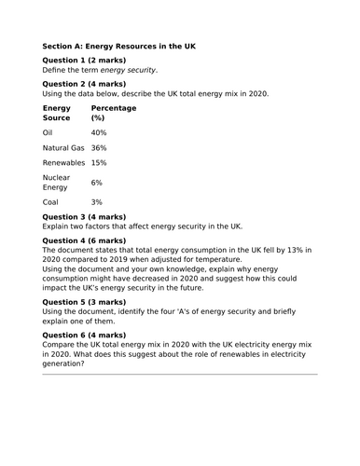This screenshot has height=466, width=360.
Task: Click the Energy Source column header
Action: coord(57,114)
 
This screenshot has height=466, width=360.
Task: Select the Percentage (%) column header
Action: coord(113,114)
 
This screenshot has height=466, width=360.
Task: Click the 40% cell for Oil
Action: coord(99,133)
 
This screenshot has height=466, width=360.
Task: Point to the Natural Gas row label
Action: coord(63,148)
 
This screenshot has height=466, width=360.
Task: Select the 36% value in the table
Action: coord(99,148)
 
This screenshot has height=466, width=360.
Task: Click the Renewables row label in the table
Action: coord(63,163)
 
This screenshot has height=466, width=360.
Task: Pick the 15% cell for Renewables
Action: coord(99,163)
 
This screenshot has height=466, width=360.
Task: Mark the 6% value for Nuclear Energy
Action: coord(97,183)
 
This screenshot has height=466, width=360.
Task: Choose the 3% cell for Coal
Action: coord(97,202)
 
